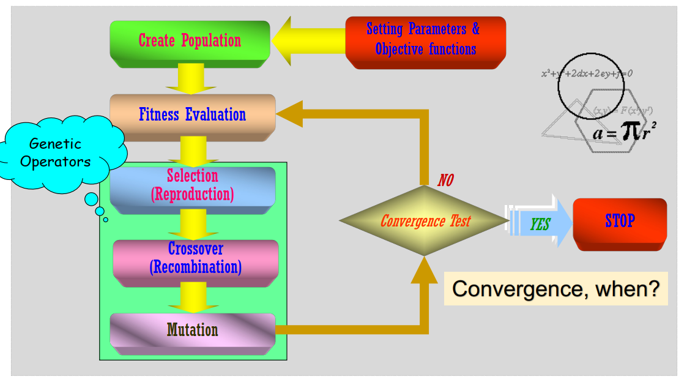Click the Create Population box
[190, 41]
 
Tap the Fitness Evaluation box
[192, 114]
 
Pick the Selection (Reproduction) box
[192, 185]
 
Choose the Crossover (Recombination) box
[195, 258]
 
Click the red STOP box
[619, 221]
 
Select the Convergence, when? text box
[555, 288]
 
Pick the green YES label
[540, 225]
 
